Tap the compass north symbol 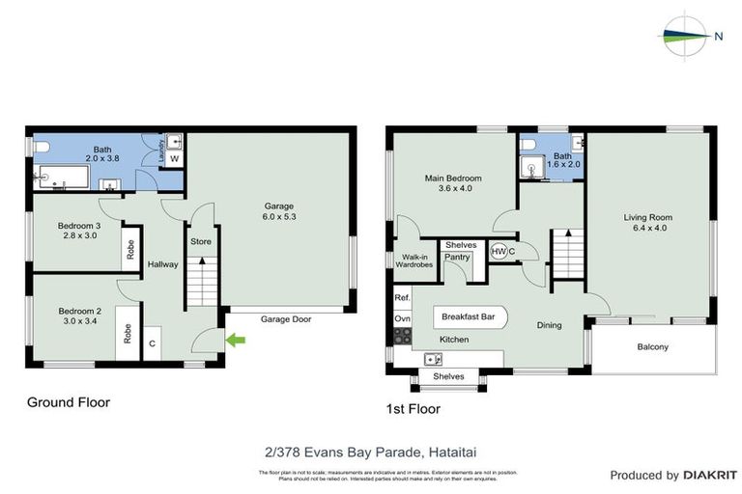(x=688, y=37)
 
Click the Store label (x=201, y=241)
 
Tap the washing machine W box (x=174, y=158)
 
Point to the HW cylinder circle (x=499, y=251)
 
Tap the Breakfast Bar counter (x=469, y=316)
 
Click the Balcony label (x=653, y=347)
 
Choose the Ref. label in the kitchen (x=402, y=298)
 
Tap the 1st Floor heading (x=413, y=409)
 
